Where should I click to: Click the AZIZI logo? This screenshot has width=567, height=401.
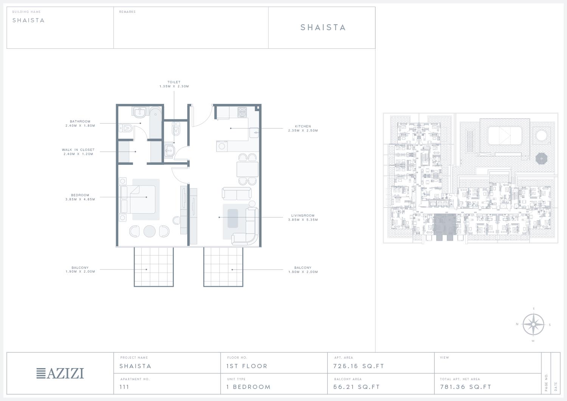click(60, 373)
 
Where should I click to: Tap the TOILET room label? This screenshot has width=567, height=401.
click(174, 82)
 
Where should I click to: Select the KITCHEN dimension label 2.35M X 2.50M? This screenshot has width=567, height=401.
click(303, 131)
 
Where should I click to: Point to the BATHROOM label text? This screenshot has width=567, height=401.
click(80, 121)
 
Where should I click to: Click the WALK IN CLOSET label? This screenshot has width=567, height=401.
click(78, 150)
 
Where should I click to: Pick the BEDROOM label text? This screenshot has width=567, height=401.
click(80, 195)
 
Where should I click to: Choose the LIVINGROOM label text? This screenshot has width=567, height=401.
click(303, 215)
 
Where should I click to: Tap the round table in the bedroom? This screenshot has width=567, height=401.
click(149, 231)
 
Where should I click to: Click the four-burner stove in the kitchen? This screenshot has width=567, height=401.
click(242, 112)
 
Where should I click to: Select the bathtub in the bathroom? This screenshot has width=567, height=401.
click(155, 122)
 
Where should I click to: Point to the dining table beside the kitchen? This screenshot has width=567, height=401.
click(248, 169)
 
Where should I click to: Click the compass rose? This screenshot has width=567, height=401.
click(533, 325)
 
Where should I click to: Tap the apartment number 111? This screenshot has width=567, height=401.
click(124, 387)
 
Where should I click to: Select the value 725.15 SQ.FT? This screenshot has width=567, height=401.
click(358, 366)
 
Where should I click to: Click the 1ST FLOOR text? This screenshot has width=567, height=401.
click(247, 366)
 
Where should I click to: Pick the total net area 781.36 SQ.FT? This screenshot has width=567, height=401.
click(465, 387)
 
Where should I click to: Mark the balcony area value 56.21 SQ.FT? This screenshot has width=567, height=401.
click(356, 387)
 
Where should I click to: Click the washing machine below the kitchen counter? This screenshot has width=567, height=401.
click(222, 146)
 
